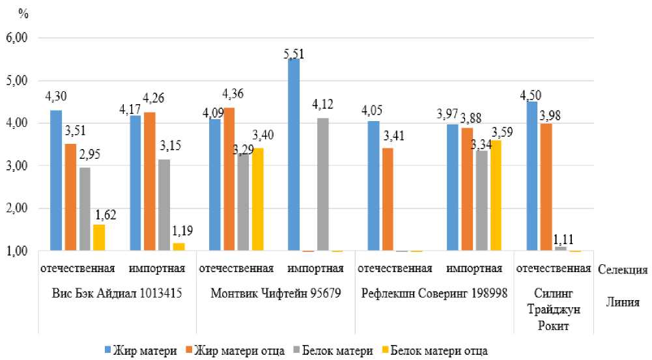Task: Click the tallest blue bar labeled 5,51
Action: point(294,155)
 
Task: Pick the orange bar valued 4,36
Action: point(229,180)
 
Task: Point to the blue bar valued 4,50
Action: point(532,176)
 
